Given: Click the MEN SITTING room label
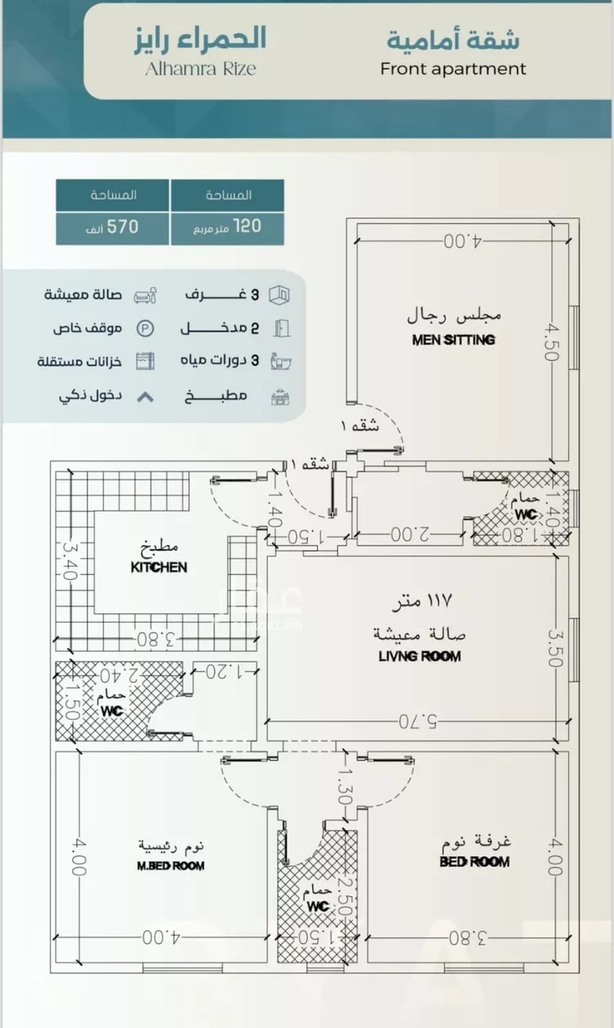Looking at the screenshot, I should pyautogui.click(x=454, y=339).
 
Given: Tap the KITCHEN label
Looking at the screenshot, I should pyautogui.click(x=160, y=567).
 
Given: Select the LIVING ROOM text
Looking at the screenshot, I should pyautogui.click(x=419, y=656).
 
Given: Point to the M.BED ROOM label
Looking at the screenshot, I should pyautogui.click(x=171, y=865).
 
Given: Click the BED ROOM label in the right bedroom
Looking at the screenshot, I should pyautogui.click(x=475, y=862).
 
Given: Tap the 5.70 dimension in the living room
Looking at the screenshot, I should pyautogui.click(x=418, y=722).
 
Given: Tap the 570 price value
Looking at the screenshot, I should pyautogui.click(x=123, y=227).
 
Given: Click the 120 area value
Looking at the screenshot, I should pyautogui.click(x=247, y=227).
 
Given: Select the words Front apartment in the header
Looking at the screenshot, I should pyautogui.click(x=453, y=69).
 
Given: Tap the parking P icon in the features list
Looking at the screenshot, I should pyautogui.click(x=144, y=329).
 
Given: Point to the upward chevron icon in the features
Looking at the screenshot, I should pyautogui.click(x=144, y=397).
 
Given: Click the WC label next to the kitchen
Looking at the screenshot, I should pyautogui.click(x=112, y=712).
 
